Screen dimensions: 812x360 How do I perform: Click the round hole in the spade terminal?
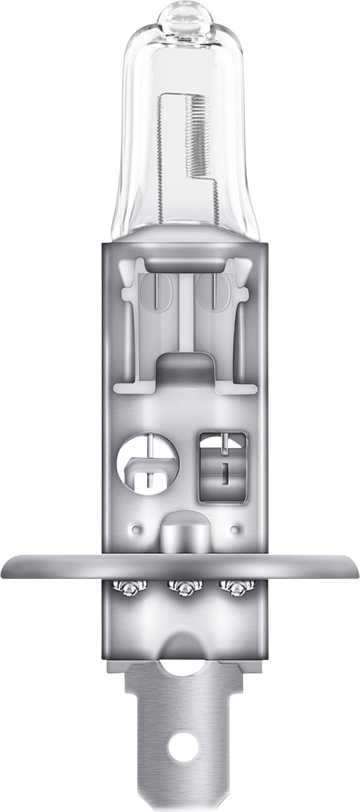tap(180, 781)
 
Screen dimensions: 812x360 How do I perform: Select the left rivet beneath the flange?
tap(131, 587)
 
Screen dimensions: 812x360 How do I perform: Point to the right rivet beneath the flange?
tap(232, 587)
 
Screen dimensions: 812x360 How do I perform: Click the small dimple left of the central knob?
tap(137, 528)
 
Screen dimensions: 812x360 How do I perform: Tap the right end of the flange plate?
tap(351, 565)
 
